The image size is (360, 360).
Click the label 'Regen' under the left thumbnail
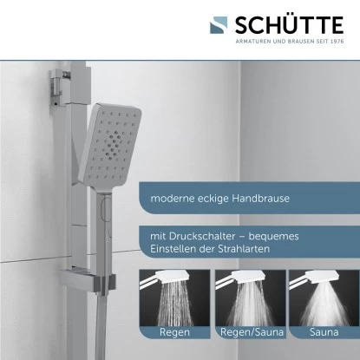click(x=174, y=331)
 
